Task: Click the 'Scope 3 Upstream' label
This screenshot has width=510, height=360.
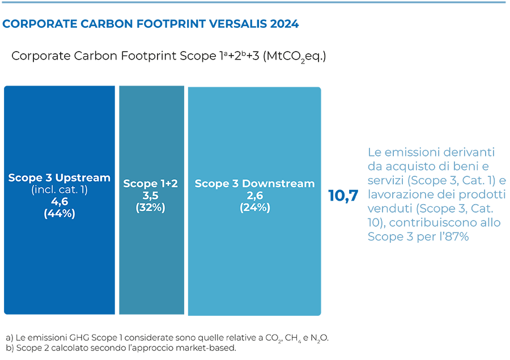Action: (x=59, y=177)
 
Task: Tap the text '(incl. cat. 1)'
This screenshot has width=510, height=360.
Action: (x=59, y=190)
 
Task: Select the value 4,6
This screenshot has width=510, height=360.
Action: (x=59, y=202)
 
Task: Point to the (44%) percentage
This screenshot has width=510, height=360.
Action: (x=59, y=214)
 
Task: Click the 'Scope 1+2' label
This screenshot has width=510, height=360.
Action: (x=150, y=184)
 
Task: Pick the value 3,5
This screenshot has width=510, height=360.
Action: (x=150, y=196)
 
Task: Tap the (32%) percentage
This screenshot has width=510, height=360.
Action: (x=150, y=207)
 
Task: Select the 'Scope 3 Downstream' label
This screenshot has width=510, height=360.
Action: (x=254, y=184)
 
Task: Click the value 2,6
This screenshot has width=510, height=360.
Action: (x=254, y=196)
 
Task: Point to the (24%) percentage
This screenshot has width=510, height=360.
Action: (x=254, y=207)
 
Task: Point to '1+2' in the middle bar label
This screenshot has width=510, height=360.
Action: (x=168, y=184)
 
